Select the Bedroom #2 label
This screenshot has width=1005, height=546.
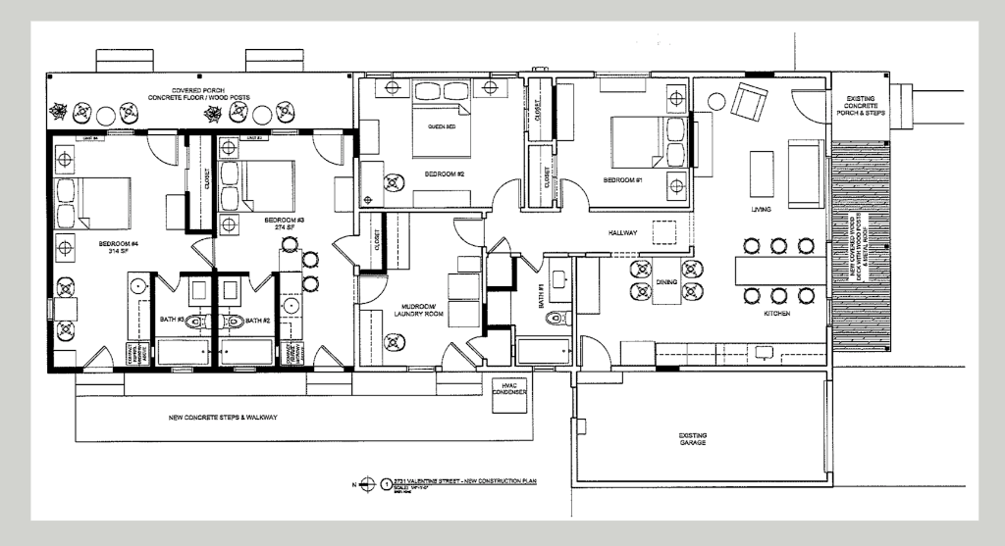tap(444, 174)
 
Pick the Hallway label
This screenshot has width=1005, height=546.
tap(622, 232)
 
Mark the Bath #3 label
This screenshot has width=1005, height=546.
tap(173, 320)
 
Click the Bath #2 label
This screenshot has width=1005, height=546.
tap(257, 320)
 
